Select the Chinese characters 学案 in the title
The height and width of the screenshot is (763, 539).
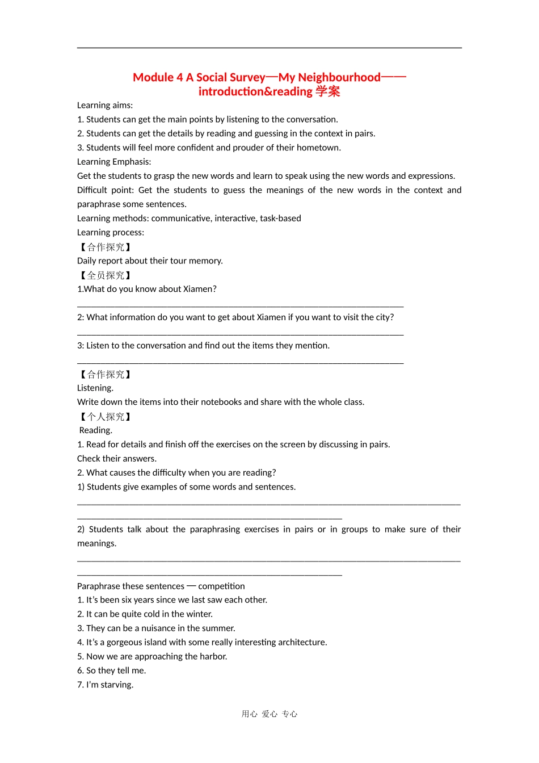tap(327, 91)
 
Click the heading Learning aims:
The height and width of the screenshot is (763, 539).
tap(105, 105)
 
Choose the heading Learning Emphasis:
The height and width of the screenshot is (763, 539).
tap(114, 162)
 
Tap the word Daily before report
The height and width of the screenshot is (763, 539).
tap(86, 261)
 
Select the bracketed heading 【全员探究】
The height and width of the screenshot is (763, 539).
tap(106, 275)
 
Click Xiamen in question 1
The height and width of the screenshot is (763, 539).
tap(198, 289)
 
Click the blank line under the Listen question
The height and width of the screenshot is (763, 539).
tap(240, 362)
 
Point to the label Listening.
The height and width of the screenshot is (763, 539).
tap(95, 388)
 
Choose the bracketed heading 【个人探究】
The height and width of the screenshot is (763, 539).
tap(106, 417)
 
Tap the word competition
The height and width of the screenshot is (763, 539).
tap(221, 586)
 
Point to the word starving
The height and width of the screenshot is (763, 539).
tap(117, 685)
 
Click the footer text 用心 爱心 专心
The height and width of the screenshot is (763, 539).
tap(269, 714)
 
